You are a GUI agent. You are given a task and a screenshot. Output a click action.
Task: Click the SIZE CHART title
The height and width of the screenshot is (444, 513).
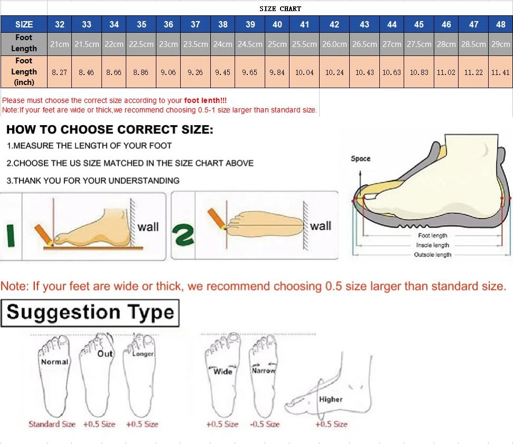pyautogui.click(x=280, y=8)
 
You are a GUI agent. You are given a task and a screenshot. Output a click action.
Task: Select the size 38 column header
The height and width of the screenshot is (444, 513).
pyautogui.click(x=223, y=24)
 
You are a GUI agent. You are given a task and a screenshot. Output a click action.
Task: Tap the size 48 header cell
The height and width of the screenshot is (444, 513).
pyautogui.click(x=500, y=24)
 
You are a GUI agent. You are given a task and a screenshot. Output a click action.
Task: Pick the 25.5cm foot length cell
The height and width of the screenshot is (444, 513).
pyautogui.click(x=304, y=44)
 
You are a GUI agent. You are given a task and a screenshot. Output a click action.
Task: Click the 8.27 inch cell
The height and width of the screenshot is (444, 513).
pyautogui.click(x=59, y=72)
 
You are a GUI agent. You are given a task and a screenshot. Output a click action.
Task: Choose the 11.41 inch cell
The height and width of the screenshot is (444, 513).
pyautogui.click(x=500, y=72)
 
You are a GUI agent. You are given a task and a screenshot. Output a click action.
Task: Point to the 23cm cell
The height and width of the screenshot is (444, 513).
pyautogui.click(x=168, y=44)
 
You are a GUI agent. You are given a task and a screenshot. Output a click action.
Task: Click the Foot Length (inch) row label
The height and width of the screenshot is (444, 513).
pyautogui.click(x=24, y=72)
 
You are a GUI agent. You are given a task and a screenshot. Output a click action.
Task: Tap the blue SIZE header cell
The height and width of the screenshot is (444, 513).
pyautogui.click(x=24, y=24)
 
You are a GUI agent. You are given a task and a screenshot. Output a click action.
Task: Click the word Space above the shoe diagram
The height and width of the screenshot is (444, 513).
pyautogui.click(x=361, y=158)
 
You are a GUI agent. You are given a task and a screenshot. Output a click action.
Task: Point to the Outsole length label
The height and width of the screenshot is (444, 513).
pyautogui.click(x=433, y=255)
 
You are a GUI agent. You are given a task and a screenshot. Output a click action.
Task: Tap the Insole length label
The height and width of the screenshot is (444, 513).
pyautogui.click(x=433, y=245)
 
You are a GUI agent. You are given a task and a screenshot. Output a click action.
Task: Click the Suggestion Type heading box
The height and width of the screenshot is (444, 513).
pyautogui.click(x=90, y=312)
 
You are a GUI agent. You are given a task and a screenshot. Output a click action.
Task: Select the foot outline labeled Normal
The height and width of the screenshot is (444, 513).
pyautogui.click(x=54, y=377)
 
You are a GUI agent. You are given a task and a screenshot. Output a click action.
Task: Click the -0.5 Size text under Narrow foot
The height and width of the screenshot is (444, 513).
pyautogui.click(x=265, y=424)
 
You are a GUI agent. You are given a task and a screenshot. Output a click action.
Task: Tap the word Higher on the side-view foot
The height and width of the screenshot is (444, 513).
pyautogui.click(x=331, y=400)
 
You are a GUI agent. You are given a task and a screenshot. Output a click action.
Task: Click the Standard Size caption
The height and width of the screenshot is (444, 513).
pyautogui.click(x=52, y=424)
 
